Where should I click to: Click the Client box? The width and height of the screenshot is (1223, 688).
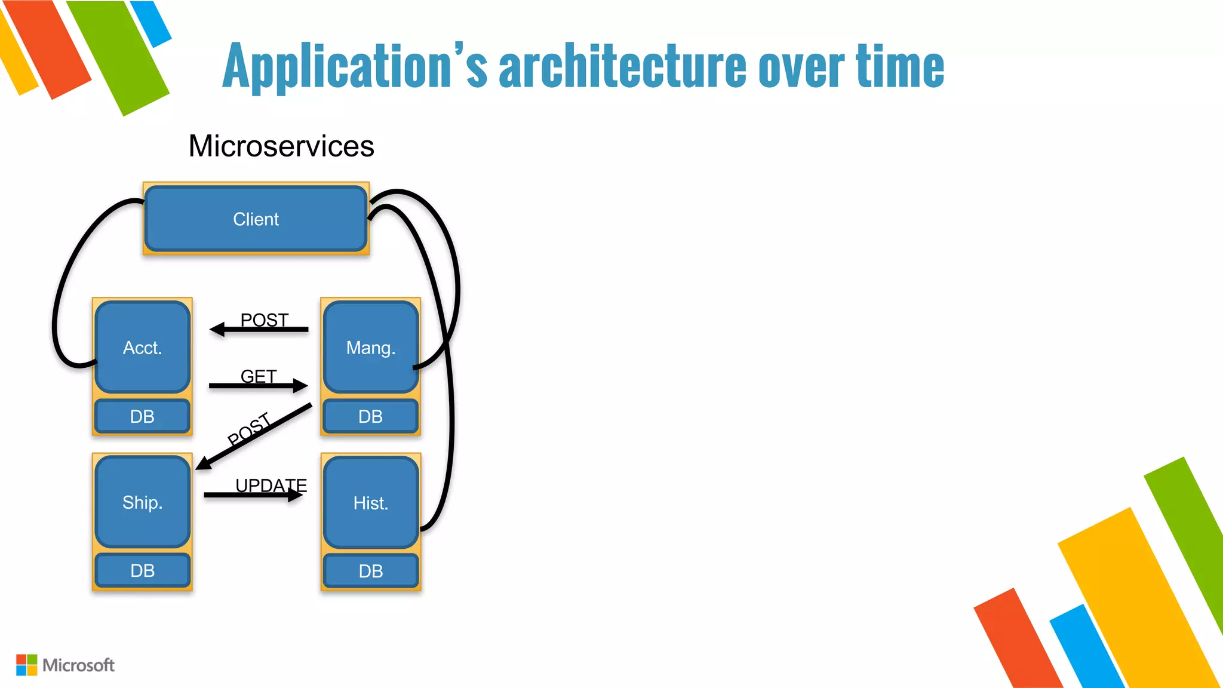pyautogui.click(x=256, y=219)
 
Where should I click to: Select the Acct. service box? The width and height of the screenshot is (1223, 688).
pyautogui.click(x=142, y=347)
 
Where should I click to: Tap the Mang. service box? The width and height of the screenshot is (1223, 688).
pyautogui.click(x=370, y=347)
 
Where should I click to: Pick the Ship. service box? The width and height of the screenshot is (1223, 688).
pyautogui.click(x=142, y=502)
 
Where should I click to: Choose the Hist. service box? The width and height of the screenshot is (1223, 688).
pyautogui.click(x=370, y=502)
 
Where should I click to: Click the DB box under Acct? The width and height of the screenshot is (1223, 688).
pyautogui.click(x=142, y=416)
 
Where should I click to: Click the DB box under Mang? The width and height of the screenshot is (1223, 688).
pyautogui.click(x=370, y=416)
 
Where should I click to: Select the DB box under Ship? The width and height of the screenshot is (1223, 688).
pyautogui.click(x=142, y=570)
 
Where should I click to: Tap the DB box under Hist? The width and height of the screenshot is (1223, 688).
pyautogui.click(x=370, y=571)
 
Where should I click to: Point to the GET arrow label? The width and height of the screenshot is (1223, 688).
pyautogui.click(x=259, y=376)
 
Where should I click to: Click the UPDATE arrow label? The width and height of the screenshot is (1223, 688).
pyautogui.click(x=271, y=485)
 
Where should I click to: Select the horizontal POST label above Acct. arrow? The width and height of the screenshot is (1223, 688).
pyautogui.click(x=264, y=320)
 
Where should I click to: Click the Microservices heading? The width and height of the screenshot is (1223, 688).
pyautogui.click(x=281, y=146)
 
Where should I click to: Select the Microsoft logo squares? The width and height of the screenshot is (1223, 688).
pyautogui.click(x=26, y=665)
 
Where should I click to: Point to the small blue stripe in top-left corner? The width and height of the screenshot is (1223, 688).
pyautogui.click(x=151, y=23)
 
